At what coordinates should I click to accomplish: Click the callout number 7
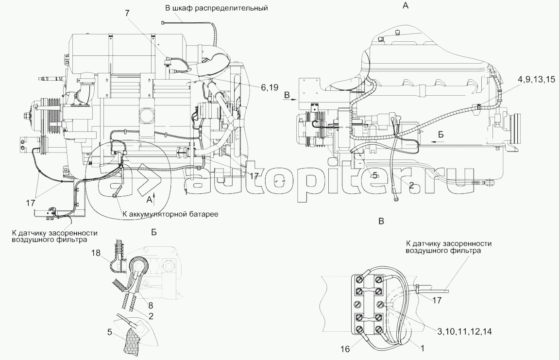127,13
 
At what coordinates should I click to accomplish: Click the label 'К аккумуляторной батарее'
170,214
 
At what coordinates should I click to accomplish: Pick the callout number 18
96,253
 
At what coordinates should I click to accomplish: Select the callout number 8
151,305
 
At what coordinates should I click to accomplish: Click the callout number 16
345,348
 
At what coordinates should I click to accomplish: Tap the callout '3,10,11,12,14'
464,331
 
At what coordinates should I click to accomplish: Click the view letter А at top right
406,5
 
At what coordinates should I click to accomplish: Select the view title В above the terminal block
381,221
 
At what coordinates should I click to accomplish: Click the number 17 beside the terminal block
437,300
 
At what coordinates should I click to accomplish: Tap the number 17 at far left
30,203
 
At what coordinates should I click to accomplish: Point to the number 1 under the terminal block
423,348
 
